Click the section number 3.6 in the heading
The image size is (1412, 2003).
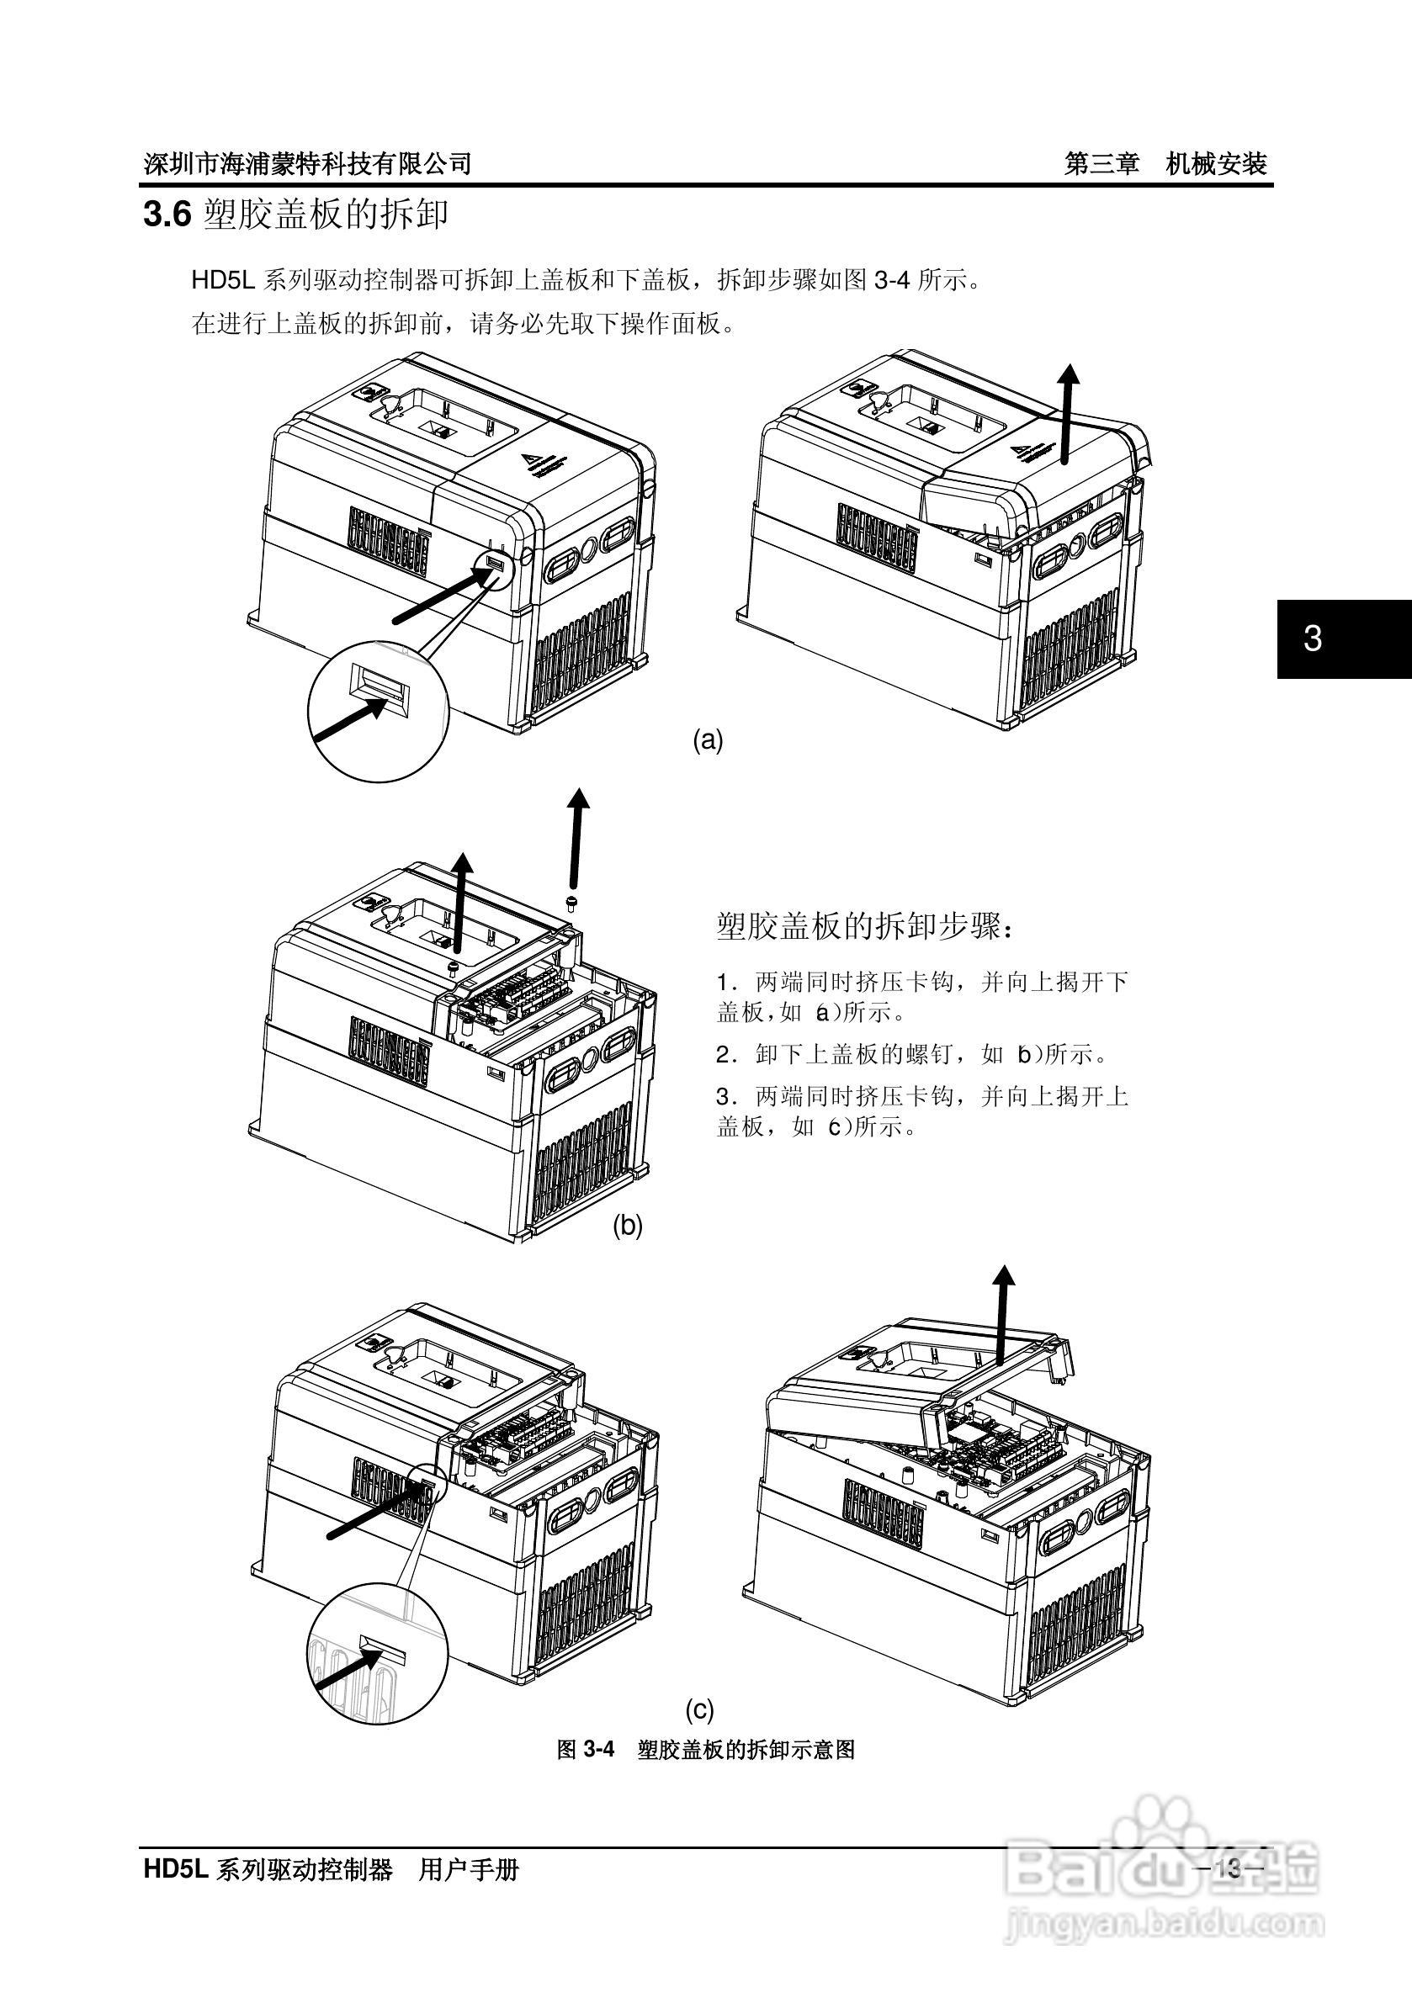click(167, 215)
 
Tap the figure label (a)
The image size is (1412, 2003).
click(708, 740)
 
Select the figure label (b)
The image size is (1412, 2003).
click(627, 1226)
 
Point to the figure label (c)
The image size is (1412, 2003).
click(699, 1710)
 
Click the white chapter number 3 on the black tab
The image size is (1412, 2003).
click(1312, 639)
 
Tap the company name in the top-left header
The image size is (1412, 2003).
click(307, 163)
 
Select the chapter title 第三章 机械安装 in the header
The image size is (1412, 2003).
click(1165, 163)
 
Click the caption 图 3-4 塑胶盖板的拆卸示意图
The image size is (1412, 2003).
click(706, 1749)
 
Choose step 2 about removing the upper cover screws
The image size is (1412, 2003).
click(911, 1054)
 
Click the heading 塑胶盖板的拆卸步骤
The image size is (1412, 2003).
click(865, 925)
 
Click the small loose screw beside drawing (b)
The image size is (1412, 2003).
click(572, 899)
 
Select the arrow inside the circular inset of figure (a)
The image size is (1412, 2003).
click(351, 720)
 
